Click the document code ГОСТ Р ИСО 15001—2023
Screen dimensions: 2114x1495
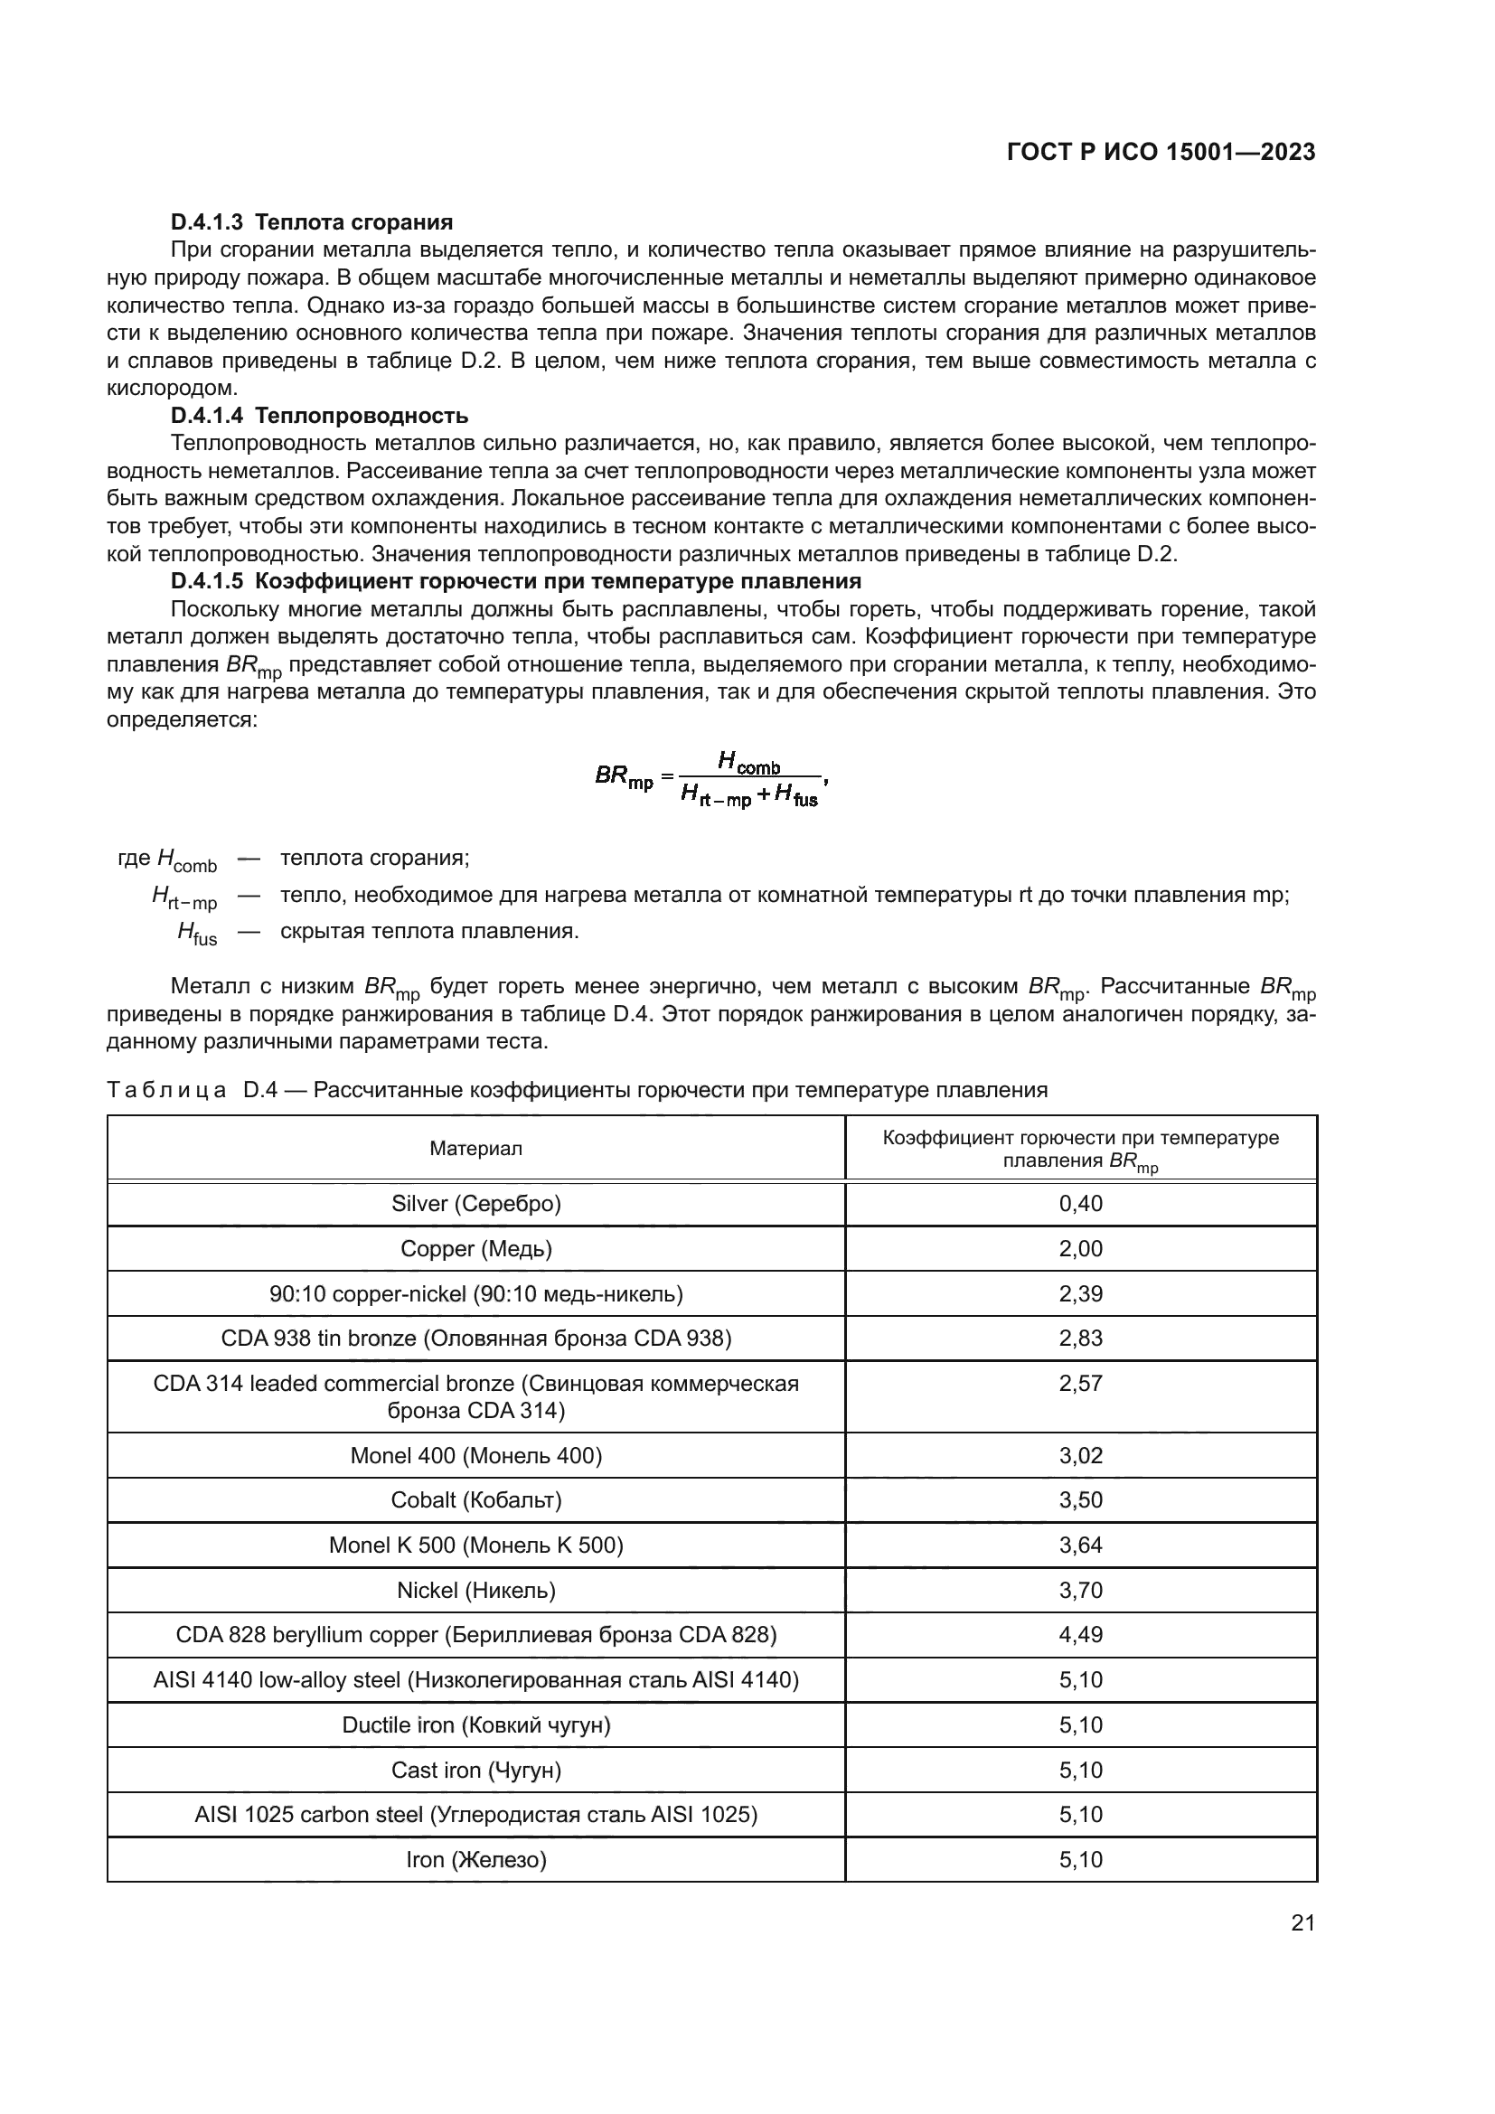pyautogui.click(x=1161, y=152)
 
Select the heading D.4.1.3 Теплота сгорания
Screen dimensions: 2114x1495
pyautogui.click(x=311, y=222)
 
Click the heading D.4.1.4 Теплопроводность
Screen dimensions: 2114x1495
pyautogui.click(x=318, y=416)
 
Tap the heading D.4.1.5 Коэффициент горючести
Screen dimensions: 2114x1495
pyautogui.click(x=515, y=581)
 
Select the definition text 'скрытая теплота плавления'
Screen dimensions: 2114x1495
pyautogui.click(x=429, y=931)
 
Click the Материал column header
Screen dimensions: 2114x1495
pyautogui.click(x=476, y=1148)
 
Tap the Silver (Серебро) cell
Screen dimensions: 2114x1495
pyautogui.click(x=476, y=1203)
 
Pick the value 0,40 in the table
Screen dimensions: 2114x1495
pyautogui.click(x=1080, y=1203)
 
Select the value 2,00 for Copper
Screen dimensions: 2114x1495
pyautogui.click(x=1080, y=1248)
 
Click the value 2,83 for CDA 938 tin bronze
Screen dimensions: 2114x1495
pyautogui.click(x=1080, y=1338)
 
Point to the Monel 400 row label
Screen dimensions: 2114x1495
pyautogui.click(x=476, y=1456)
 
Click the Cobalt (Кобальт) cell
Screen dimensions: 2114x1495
pyautogui.click(x=476, y=1500)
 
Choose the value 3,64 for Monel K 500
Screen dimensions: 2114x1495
pyautogui.click(x=1080, y=1545)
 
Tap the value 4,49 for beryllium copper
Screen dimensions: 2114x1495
pyautogui.click(x=1080, y=1634)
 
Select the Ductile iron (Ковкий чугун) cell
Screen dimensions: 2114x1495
pyautogui.click(x=476, y=1724)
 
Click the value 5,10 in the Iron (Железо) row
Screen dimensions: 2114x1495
pyautogui.click(x=1080, y=1859)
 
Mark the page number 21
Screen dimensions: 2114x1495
pyautogui.click(x=1302, y=1922)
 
